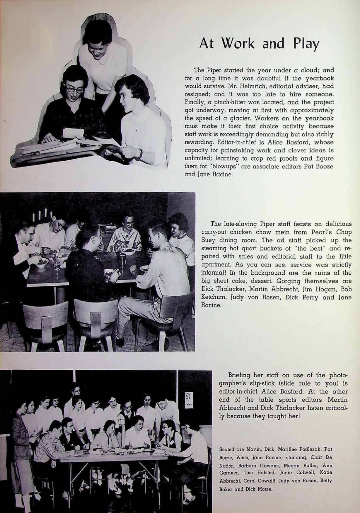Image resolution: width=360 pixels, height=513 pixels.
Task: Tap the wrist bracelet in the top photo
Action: [140, 153]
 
